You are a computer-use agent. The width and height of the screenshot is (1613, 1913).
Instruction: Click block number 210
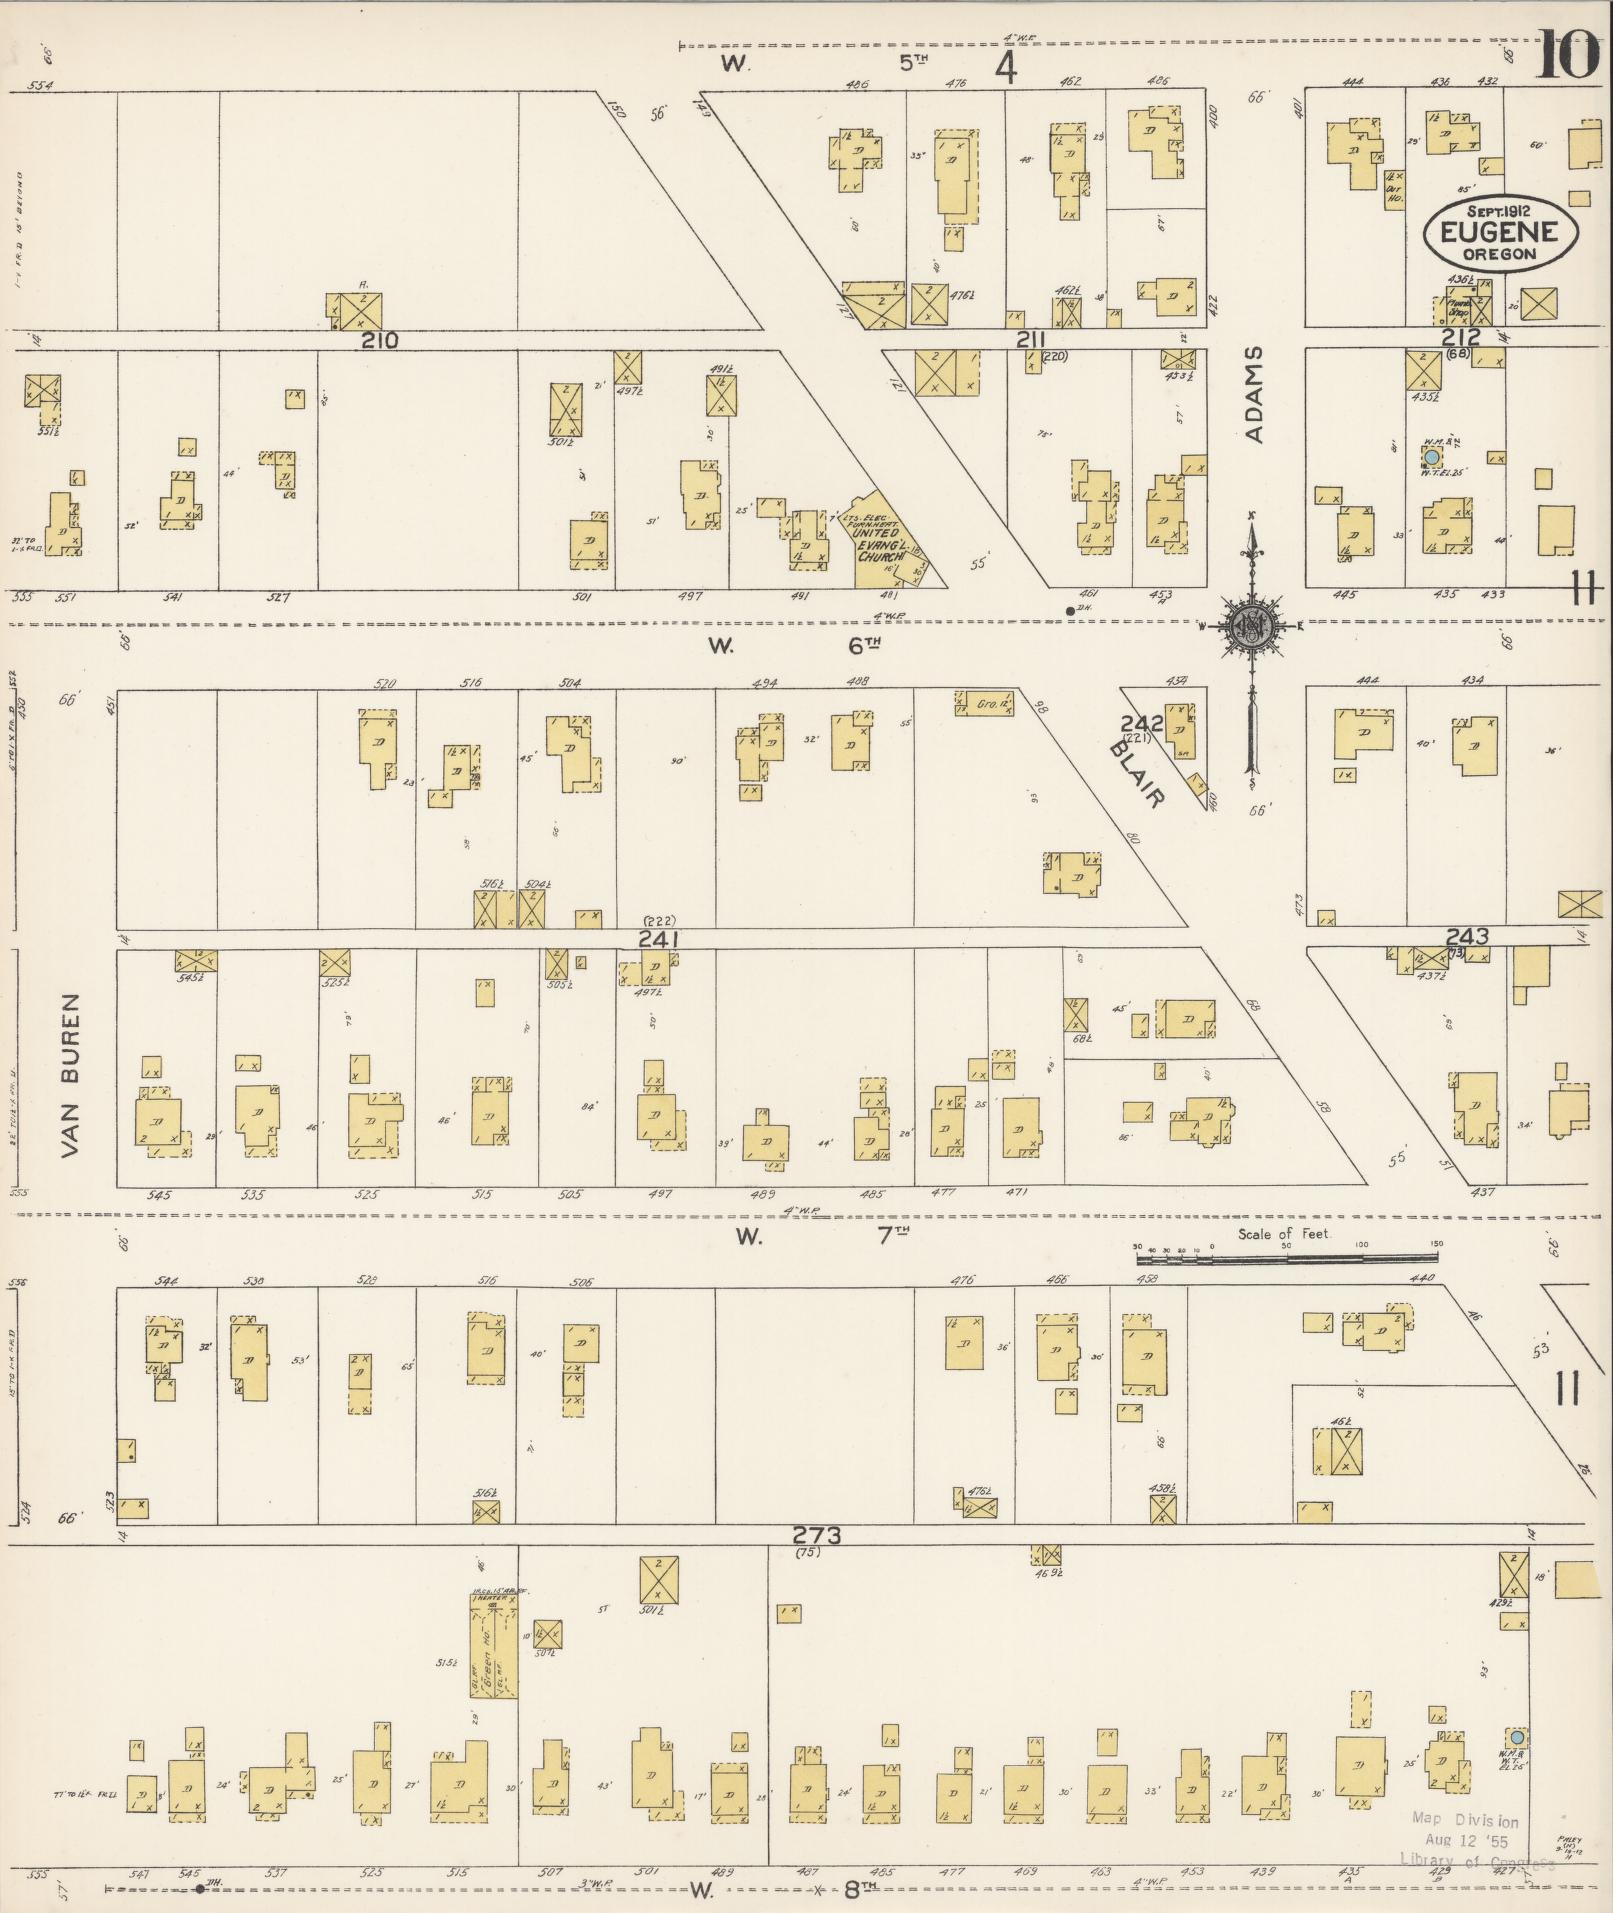coord(380,340)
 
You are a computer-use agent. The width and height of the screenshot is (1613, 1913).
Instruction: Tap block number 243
coord(1467,936)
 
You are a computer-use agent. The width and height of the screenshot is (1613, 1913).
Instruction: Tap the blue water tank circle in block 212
coord(1432,456)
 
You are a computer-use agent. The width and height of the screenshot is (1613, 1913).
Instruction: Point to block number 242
coord(1141,723)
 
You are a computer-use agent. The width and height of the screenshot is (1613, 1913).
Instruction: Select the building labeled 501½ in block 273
coord(660,1583)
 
